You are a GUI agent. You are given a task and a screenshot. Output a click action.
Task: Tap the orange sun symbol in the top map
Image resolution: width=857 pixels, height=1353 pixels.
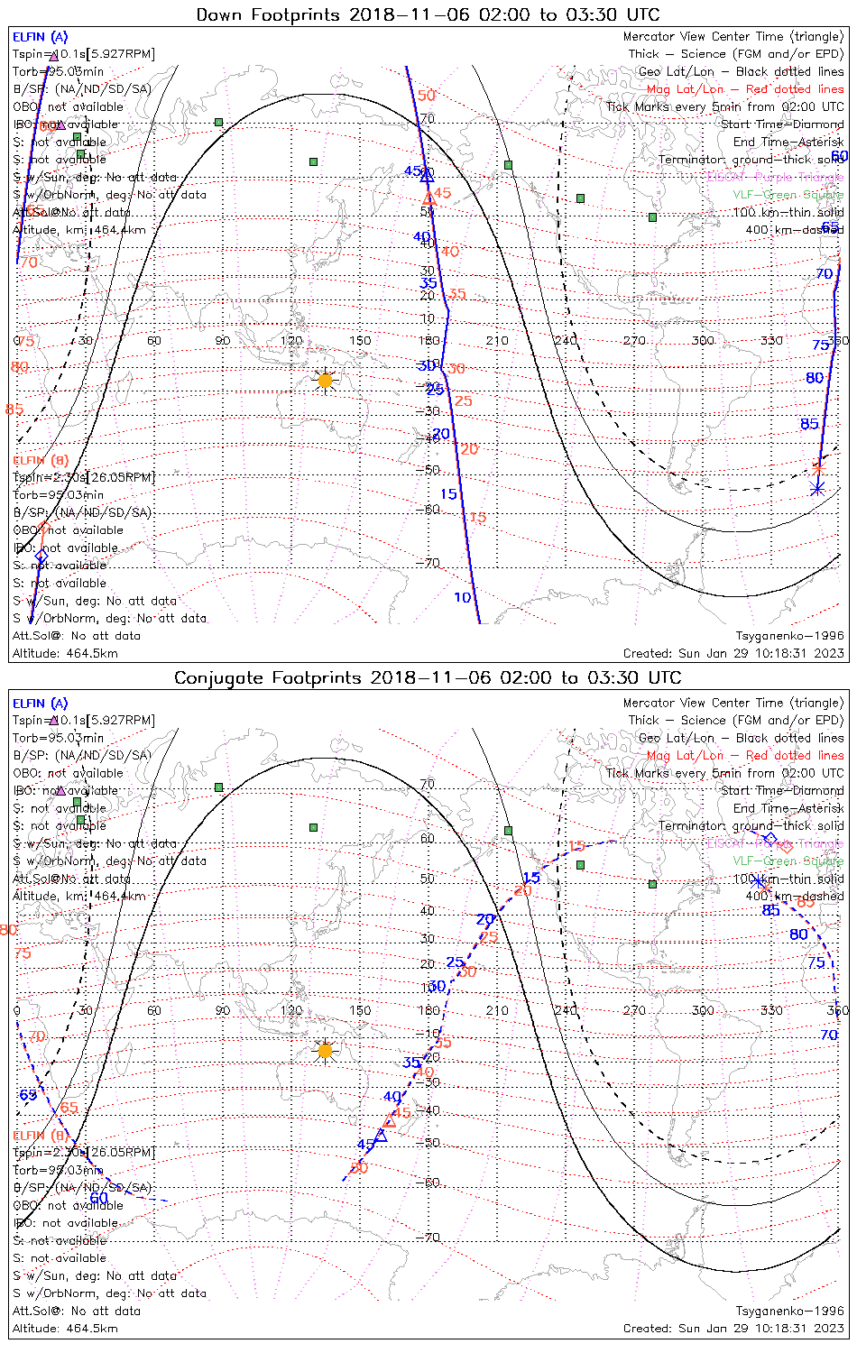[325, 381]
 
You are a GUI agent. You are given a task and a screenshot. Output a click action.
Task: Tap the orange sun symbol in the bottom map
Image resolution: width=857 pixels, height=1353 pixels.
[325, 1050]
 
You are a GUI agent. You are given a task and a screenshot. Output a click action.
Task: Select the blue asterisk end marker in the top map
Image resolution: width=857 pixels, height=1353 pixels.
[817, 489]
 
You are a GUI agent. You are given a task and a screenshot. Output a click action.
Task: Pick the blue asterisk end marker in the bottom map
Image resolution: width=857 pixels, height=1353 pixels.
[758, 880]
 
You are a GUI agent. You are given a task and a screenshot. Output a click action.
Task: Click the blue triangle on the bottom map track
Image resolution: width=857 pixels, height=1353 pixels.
[381, 1135]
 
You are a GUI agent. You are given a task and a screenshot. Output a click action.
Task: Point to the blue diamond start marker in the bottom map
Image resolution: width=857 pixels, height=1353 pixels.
[769, 839]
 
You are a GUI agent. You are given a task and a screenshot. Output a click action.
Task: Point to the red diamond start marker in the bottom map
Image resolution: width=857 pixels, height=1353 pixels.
[786, 846]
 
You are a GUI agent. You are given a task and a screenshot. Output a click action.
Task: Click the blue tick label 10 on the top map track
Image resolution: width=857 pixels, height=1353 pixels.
[463, 597]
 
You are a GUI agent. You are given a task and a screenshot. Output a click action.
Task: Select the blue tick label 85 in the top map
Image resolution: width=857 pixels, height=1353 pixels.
[809, 424]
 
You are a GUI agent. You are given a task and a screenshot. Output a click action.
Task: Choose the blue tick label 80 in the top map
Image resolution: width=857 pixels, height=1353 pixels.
[815, 378]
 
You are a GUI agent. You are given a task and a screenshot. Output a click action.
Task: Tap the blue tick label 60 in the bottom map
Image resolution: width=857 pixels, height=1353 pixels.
[98, 1198]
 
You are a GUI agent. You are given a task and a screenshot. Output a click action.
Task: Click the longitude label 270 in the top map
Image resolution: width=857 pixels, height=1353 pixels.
[634, 340]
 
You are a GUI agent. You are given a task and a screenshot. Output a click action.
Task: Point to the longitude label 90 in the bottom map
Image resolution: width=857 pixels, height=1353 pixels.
[223, 1010]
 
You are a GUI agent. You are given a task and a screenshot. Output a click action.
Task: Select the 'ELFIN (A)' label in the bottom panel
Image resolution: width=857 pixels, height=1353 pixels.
[41, 703]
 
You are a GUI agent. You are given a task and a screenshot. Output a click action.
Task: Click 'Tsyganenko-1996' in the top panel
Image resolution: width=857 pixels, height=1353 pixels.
[789, 636]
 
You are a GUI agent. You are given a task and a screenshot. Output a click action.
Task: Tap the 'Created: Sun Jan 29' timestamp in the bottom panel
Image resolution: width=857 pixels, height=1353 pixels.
[733, 1328]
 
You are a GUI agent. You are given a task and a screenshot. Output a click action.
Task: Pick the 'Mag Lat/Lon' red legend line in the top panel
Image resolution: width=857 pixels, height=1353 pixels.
[745, 89]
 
